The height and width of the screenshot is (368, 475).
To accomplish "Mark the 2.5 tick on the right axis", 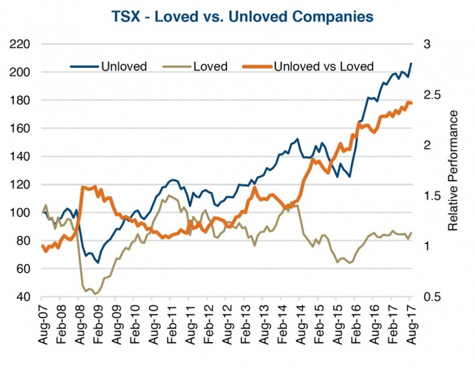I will pyautogui.click(x=431, y=95).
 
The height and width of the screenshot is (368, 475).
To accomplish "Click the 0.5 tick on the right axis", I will pyautogui.click(x=431, y=297).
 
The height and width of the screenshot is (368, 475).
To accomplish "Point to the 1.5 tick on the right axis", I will pyautogui.click(x=431, y=196).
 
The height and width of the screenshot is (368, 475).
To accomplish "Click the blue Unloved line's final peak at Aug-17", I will pyautogui.click(x=411, y=63).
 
